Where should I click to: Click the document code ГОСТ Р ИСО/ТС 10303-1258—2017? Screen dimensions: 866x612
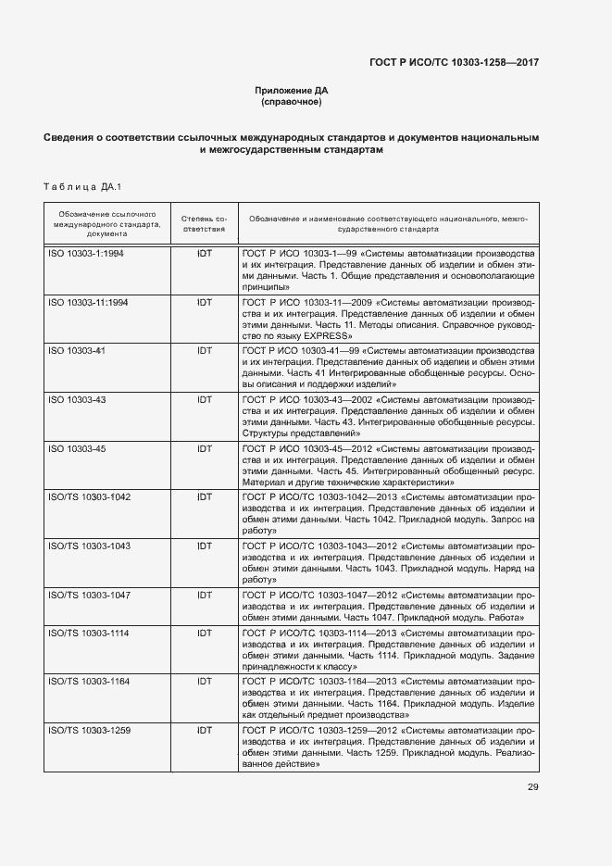point(454,62)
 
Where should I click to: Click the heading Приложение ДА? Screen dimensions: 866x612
point(292,90)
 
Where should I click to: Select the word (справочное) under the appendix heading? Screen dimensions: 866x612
point(292,103)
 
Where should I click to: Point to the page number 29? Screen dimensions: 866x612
point(532,787)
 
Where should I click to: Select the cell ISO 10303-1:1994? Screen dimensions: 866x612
point(86,253)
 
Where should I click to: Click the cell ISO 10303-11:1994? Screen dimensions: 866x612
point(88,303)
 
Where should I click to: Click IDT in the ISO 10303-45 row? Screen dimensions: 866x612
point(205,449)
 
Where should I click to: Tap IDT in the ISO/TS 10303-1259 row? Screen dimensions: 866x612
point(205,730)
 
